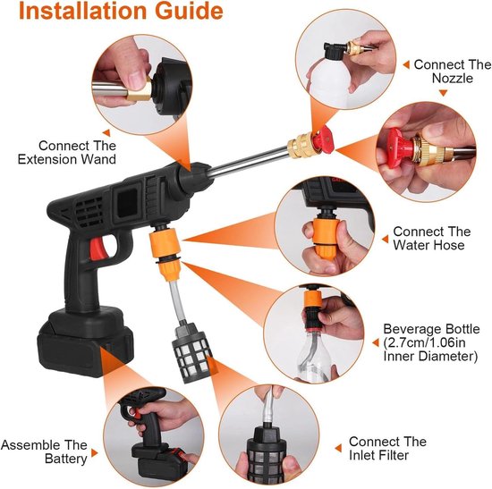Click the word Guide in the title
pyautogui.click(x=189, y=11)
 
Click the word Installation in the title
pyautogui.click(x=83, y=11)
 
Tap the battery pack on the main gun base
pyautogui.click(x=85, y=341)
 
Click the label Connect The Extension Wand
pyautogui.click(x=67, y=153)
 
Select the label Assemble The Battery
pyautogui.click(x=44, y=451)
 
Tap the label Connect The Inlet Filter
pyautogui.click(x=387, y=448)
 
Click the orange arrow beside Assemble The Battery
pyautogui.click(x=94, y=453)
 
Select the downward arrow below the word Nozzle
pyautogui.click(x=443, y=93)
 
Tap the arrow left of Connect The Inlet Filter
pyautogui.click(x=338, y=448)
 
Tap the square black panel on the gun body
pyautogui.click(x=127, y=203)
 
